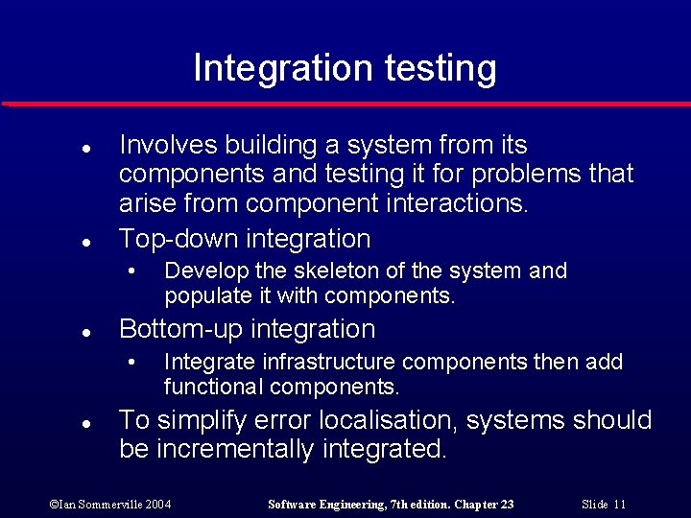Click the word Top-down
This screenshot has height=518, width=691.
[179, 238]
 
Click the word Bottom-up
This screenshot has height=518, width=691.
[180, 330]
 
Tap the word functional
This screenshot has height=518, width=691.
[213, 388]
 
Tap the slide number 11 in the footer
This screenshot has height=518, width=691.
[619, 505]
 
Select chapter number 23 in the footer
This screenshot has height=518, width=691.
[506, 505]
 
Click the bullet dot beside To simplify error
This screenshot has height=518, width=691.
[86, 423]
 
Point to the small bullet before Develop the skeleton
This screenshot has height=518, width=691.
[133, 271]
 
